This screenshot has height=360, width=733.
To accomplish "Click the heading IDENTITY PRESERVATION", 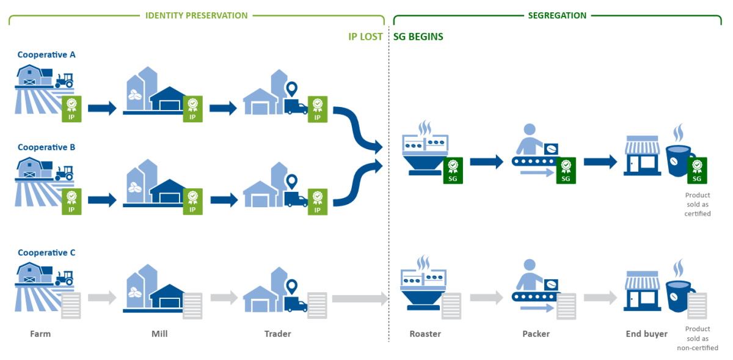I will click(196, 15).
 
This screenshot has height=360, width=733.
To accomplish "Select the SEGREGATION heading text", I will click(557, 15).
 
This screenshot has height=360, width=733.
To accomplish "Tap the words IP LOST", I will click(365, 37).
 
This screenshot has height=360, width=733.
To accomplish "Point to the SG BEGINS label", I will click(418, 37).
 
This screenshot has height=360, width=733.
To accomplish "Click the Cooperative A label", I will click(46, 55).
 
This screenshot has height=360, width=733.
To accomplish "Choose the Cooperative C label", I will click(46, 252).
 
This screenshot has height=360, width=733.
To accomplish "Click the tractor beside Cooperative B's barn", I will click(64, 174).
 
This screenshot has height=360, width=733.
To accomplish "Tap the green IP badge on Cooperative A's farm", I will click(71, 109).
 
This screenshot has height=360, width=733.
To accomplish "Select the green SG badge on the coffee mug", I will click(697, 171).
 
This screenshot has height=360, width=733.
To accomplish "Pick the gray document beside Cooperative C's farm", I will click(71, 305).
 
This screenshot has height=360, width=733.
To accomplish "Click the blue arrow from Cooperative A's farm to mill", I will click(101, 109).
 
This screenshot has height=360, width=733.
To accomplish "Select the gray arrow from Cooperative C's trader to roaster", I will click(360, 299).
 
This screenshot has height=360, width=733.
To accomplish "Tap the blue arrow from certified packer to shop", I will click(600, 162).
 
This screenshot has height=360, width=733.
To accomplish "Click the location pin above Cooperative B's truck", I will click(292, 182).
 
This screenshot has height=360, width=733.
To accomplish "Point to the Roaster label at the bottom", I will click(425, 334).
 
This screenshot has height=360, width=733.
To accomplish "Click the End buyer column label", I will click(646, 334).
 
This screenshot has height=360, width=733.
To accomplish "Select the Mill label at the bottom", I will click(159, 334).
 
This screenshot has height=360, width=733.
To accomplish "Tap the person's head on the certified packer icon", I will click(529, 130).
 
